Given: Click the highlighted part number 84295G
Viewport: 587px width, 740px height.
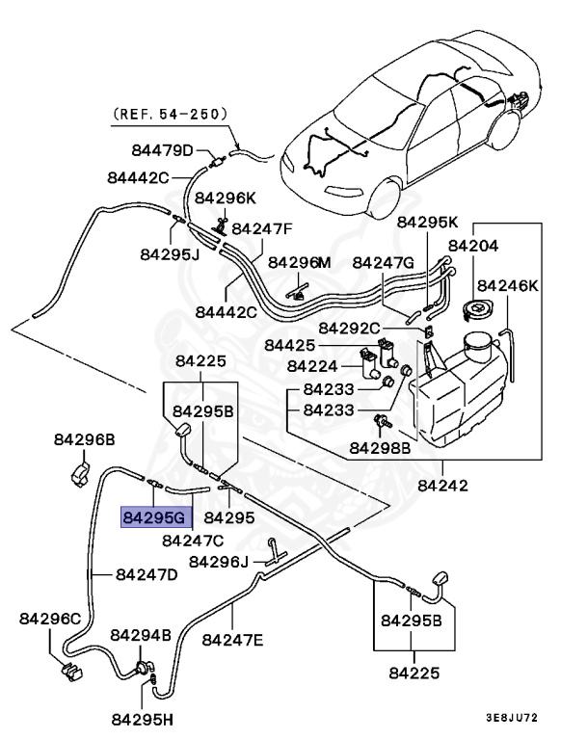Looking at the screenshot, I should pos(153,517).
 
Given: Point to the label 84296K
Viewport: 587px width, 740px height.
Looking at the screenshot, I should pos(226,198).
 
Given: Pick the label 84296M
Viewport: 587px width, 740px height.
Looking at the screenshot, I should pos(299,262).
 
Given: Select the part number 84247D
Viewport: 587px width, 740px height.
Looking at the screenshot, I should pos(147,574).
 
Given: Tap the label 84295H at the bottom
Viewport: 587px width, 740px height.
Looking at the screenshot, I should pos(141,719).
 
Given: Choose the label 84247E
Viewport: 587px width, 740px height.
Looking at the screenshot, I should pos(232,639).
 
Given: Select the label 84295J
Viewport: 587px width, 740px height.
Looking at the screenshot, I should pos(169,254).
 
